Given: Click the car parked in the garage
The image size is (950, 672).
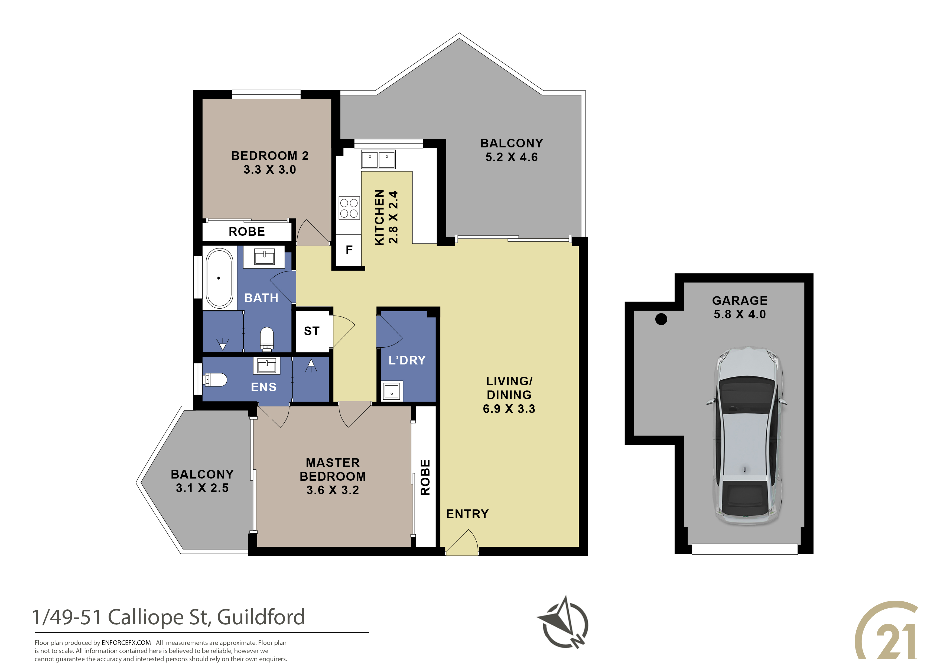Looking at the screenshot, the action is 746,436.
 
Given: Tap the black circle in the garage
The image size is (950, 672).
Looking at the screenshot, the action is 661,319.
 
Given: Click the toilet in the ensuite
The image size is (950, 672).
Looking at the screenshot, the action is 215,379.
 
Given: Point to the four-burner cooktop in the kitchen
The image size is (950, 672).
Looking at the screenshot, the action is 349,208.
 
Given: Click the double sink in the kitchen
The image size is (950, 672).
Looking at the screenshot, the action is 378,159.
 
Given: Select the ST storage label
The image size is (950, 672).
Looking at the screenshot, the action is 311,331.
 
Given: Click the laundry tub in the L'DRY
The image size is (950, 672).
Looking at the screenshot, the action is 391,390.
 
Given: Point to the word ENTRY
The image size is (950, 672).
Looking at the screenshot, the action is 467,514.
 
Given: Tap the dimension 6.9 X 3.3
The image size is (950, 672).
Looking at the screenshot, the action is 509,409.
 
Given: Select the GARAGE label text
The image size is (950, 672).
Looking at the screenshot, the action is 740,301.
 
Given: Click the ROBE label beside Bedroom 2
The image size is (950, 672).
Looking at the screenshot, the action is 247,231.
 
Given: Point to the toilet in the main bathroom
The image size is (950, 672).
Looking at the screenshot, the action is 267,339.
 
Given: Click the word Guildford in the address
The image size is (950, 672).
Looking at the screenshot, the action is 261,617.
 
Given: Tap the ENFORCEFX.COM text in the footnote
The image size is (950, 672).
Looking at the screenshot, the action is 126,643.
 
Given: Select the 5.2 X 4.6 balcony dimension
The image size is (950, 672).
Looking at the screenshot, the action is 511,157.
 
